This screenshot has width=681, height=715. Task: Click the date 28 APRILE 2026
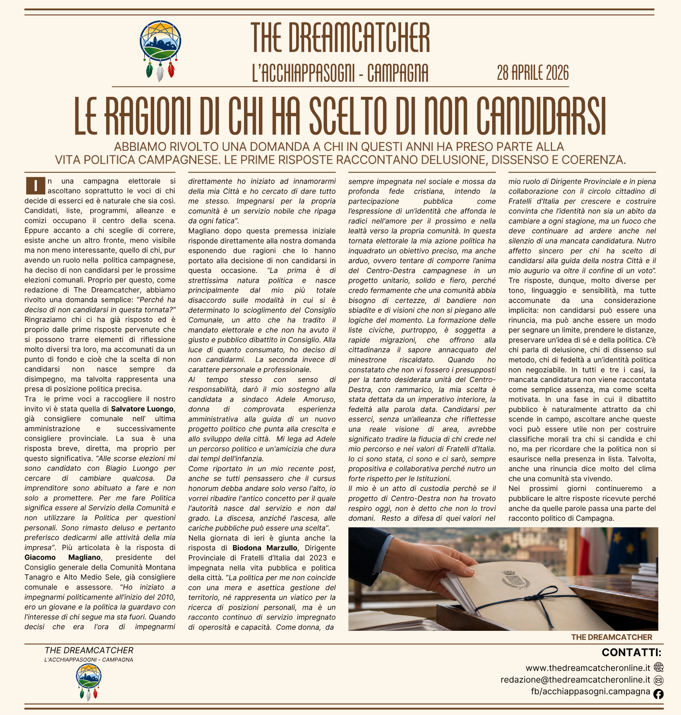tap(532, 73)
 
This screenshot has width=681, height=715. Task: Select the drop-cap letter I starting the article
tap(35, 185)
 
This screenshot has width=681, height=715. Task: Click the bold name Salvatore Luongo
tap(142, 409)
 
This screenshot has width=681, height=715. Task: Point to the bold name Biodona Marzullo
tap(265, 548)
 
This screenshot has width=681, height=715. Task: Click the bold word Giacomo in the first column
tap(40, 557)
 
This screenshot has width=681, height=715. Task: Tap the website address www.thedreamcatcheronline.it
tap(587, 668)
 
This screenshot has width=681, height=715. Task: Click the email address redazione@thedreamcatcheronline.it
tap(575, 680)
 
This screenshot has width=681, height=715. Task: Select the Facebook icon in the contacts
tap(658, 694)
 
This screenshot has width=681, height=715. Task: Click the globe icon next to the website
tap(658, 667)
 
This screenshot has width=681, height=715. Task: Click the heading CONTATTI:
tap(631, 653)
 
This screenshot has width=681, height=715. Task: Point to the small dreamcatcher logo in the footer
tap(89, 682)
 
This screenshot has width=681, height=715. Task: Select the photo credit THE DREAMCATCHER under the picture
tap(611, 637)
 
